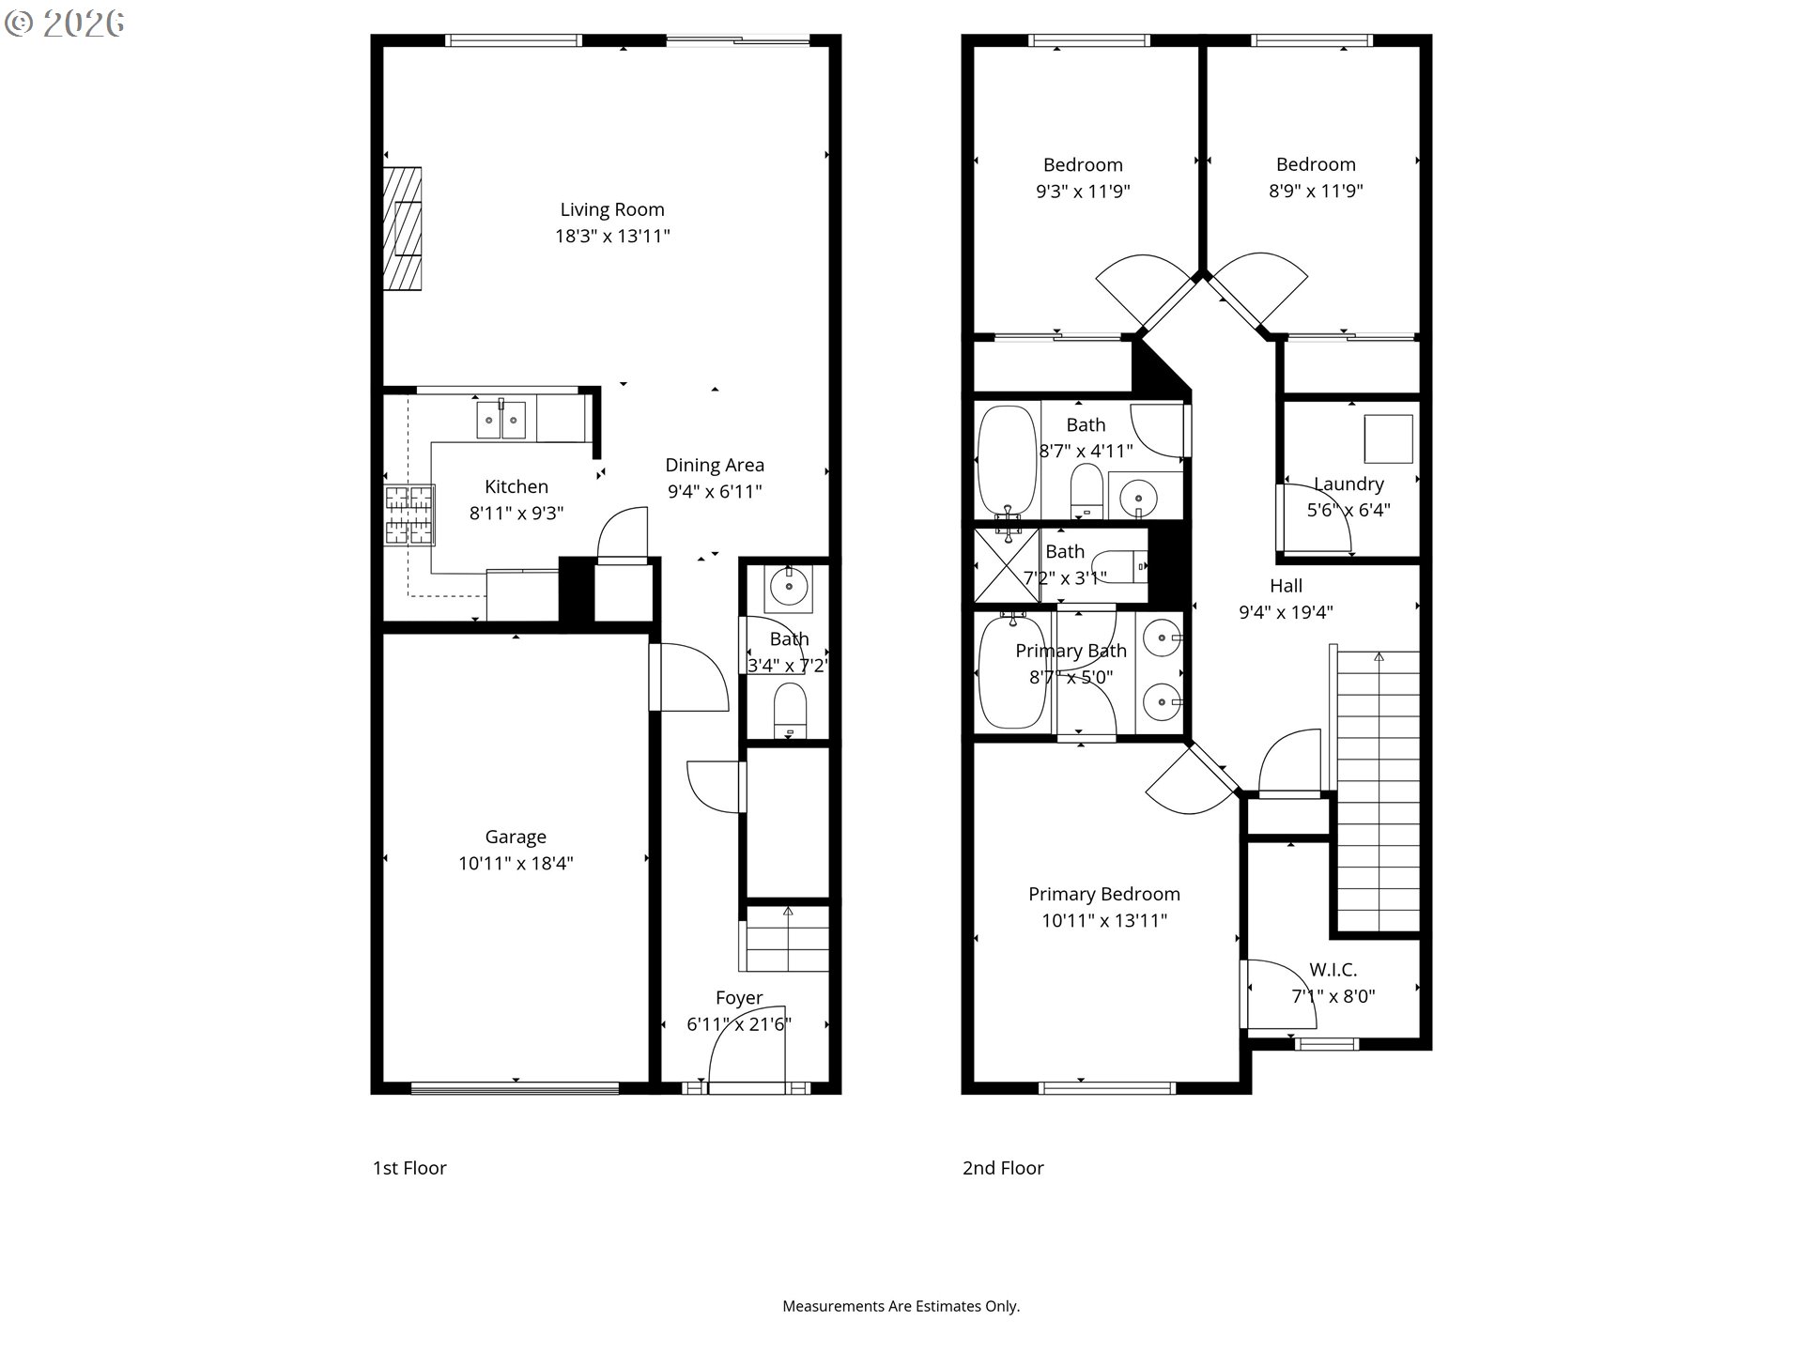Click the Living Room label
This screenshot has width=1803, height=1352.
612,210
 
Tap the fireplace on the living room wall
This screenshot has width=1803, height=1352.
402,228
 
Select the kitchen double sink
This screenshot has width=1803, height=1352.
501,419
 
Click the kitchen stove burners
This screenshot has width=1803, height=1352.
409,515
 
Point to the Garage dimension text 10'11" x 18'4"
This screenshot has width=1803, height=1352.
516,864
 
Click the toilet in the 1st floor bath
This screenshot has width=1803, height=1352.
790,710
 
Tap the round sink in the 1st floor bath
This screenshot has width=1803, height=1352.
789,588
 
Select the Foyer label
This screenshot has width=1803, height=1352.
739,998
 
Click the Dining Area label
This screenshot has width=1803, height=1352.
715,466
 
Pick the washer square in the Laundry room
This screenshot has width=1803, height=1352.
1389,439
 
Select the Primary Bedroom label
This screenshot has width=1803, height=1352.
1104,895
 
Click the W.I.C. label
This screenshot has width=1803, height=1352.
1333,970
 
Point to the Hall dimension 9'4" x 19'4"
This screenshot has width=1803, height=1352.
1287,612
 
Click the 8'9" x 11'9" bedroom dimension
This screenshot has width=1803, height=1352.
1316,192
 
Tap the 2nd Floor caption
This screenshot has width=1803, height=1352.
1003,1168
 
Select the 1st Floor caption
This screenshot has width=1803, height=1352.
409,1168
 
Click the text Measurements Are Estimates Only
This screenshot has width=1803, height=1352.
901,1306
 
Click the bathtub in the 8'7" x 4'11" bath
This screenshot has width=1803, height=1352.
1007,460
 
